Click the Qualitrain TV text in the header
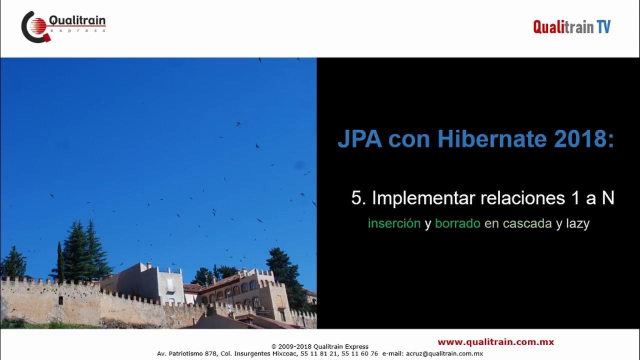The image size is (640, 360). tap(571, 26)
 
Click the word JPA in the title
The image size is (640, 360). tap(360, 140)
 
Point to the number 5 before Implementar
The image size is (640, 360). tap(356, 198)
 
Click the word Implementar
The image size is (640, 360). tap(423, 198)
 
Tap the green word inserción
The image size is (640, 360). tap(394, 223)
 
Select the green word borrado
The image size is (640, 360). tap(457, 223)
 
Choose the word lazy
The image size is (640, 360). tap(577, 223)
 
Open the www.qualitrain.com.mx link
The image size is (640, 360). tap(495, 342)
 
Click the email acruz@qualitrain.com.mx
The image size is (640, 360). tap(444, 353)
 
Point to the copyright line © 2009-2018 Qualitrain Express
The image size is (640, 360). tap(319, 346)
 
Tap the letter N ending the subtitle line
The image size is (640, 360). tap(607, 198)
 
